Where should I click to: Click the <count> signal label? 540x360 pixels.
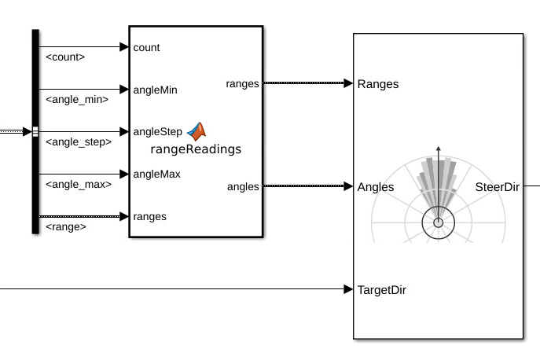click(x=65, y=57)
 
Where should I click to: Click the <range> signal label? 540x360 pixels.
click(x=66, y=227)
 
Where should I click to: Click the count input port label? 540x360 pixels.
click(x=147, y=47)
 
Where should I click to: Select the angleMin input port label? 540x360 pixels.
click(x=156, y=90)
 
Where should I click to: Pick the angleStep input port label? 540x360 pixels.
click(x=158, y=131)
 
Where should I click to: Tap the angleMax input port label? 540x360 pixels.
click(x=157, y=174)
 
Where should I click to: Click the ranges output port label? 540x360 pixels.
click(x=242, y=83)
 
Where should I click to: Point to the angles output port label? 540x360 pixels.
click(x=243, y=186)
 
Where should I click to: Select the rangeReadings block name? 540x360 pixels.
click(x=196, y=148)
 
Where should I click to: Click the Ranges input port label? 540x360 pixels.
click(x=378, y=84)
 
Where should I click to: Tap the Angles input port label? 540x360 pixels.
click(x=376, y=187)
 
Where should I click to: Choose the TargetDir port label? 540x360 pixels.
click(x=381, y=289)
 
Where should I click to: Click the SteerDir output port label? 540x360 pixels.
click(x=498, y=187)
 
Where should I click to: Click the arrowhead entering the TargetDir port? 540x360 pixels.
click(x=348, y=289)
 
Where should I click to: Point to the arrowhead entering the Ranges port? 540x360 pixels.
click(x=348, y=83)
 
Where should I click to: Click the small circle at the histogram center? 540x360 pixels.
click(x=439, y=223)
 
